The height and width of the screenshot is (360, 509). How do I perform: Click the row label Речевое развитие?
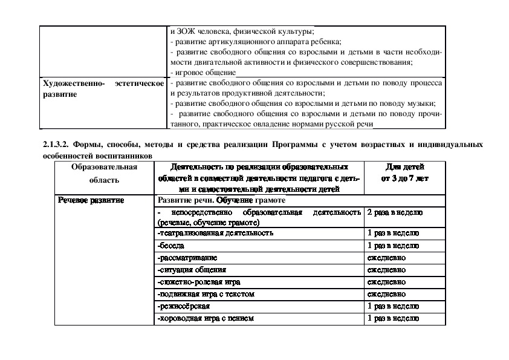[x=91, y=200]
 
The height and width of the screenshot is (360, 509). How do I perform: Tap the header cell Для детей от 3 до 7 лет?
[x=404, y=172]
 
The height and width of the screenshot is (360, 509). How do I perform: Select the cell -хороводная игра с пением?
[x=205, y=318]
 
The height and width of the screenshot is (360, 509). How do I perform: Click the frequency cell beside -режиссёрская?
[x=394, y=306]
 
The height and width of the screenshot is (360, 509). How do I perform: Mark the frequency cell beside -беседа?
[x=394, y=246]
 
